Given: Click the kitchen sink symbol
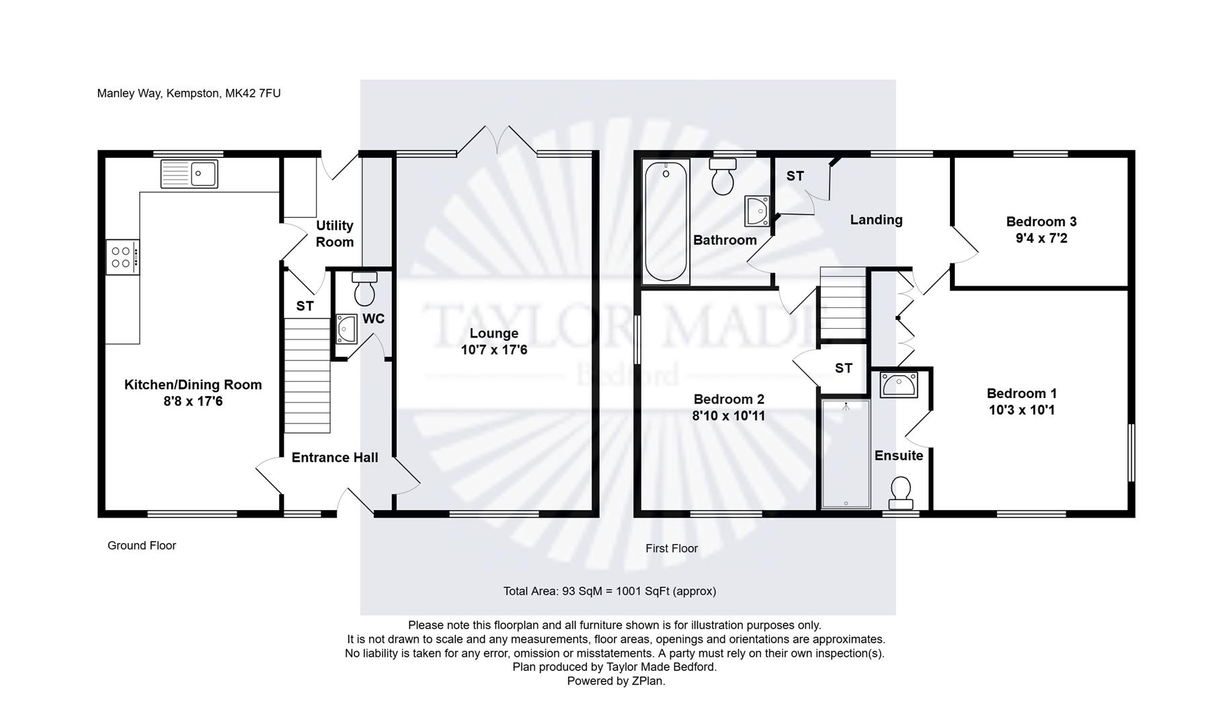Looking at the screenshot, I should [x=189, y=173].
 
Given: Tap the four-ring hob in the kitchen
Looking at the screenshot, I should [x=122, y=257].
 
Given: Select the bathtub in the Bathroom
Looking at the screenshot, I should [x=666, y=222].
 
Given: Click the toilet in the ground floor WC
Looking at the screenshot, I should [x=364, y=289].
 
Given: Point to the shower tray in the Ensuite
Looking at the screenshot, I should [x=845, y=454].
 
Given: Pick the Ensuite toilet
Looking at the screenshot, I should [x=900, y=493].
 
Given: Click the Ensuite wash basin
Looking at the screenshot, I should [x=899, y=385].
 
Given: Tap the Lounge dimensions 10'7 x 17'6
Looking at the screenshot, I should [x=493, y=350].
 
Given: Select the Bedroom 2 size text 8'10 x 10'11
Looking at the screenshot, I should [x=728, y=415].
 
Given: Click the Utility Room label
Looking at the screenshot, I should [x=334, y=233].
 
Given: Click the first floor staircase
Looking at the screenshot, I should [x=842, y=303].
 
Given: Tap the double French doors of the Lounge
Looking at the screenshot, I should [x=498, y=140].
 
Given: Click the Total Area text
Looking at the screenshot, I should [x=609, y=591].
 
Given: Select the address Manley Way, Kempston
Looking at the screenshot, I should [x=188, y=93].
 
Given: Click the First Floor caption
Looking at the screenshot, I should [x=671, y=549].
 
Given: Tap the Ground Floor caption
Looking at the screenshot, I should [x=141, y=545].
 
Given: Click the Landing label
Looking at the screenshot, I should [x=875, y=219].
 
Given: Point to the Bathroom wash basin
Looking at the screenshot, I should [x=757, y=210].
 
